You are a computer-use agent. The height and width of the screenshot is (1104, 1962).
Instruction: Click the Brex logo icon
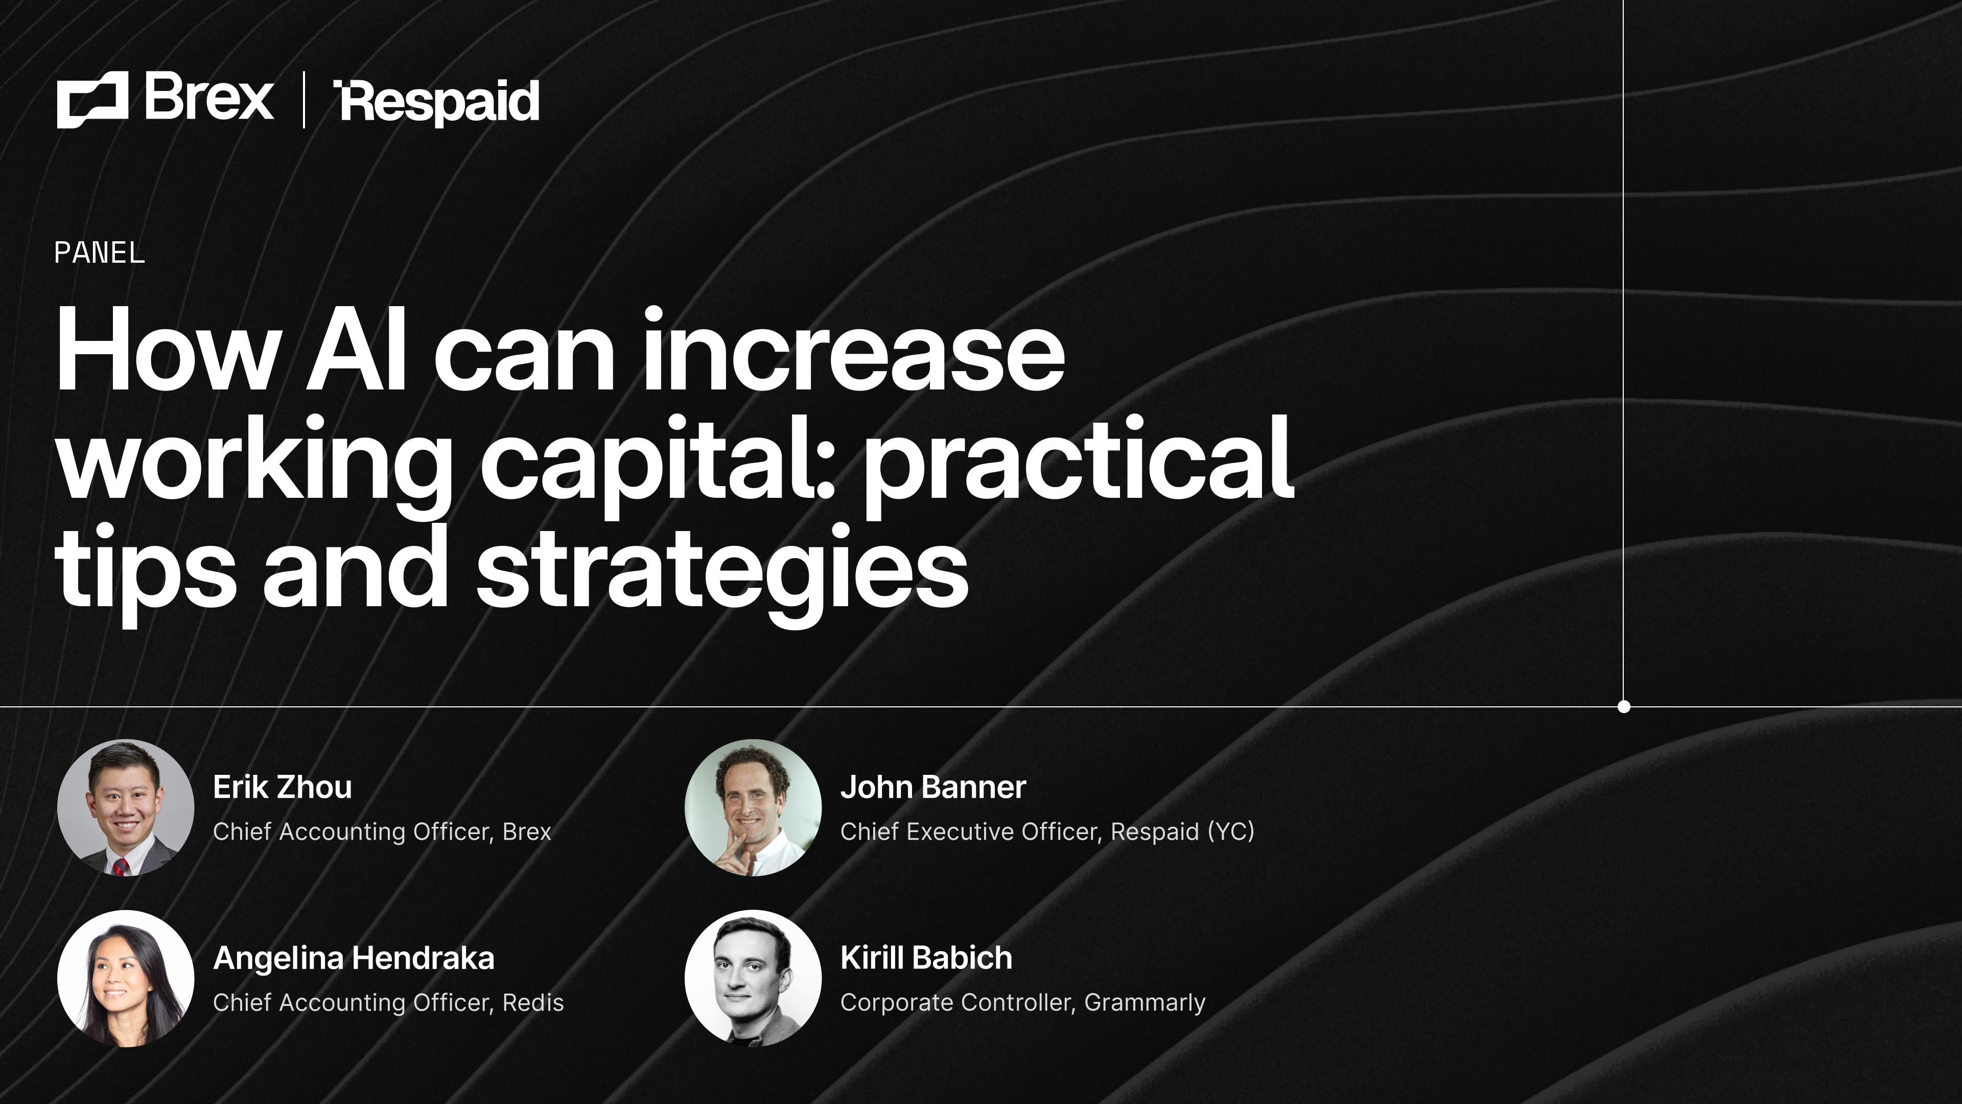[x=92, y=100]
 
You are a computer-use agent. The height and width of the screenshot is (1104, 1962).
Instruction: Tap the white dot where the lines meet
[x=1623, y=706]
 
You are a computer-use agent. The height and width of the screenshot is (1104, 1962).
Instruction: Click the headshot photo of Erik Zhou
[x=126, y=807]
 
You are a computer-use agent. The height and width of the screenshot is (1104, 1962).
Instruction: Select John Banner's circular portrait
[x=753, y=807]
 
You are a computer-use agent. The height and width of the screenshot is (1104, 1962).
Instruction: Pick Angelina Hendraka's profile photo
[x=126, y=978]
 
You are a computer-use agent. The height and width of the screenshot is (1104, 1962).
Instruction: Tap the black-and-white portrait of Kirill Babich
[x=753, y=978]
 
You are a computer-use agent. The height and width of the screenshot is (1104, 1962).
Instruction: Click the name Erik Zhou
[x=282, y=787]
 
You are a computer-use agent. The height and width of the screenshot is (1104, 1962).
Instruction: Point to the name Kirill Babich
[x=925, y=958]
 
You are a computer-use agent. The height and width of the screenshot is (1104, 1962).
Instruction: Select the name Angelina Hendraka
[x=354, y=958]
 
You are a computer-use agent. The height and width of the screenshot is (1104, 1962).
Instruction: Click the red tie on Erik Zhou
[x=121, y=867]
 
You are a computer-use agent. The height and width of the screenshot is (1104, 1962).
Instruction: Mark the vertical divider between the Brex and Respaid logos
[x=304, y=100]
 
